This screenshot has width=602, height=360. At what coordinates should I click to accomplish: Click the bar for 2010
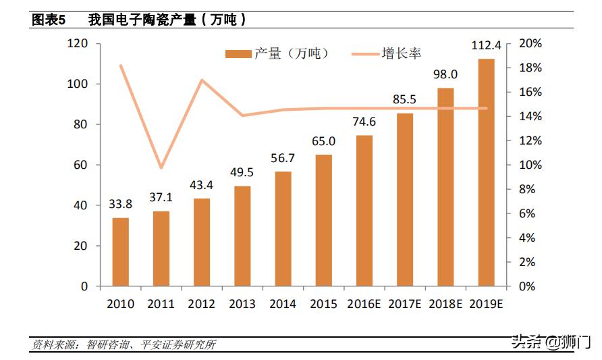coord(120,252)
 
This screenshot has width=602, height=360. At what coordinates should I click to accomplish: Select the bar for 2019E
coord(486,172)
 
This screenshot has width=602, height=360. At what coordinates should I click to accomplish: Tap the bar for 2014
coord(283,229)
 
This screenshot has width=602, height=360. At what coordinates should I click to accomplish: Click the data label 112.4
coord(486,46)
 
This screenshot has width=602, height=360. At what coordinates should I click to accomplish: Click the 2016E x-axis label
coord(364,304)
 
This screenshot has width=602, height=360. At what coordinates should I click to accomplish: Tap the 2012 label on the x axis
coord(202,304)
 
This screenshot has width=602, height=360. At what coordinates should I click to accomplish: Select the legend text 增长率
coord(402,53)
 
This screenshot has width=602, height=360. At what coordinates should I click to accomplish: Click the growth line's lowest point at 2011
coord(161,168)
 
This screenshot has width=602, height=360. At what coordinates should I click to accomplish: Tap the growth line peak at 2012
coord(202,80)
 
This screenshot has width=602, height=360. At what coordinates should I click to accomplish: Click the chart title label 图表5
coord(49,20)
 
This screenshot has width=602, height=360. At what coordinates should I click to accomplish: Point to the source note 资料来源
coord(57,345)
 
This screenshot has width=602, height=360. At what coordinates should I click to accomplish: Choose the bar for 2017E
coord(405,199)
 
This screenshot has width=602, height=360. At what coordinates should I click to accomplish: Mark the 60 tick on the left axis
coord(80,165)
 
